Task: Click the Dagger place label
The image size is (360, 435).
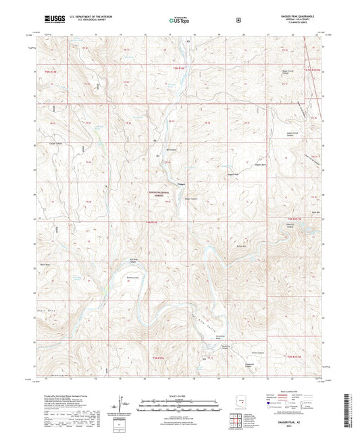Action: tap(180, 183)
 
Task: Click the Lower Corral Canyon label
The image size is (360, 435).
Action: tap(293, 134)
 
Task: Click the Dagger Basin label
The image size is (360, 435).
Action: tap(280, 163)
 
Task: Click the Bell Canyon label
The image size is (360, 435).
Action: tap(173, 150)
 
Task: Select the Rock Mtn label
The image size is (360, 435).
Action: tap(315, 213)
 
